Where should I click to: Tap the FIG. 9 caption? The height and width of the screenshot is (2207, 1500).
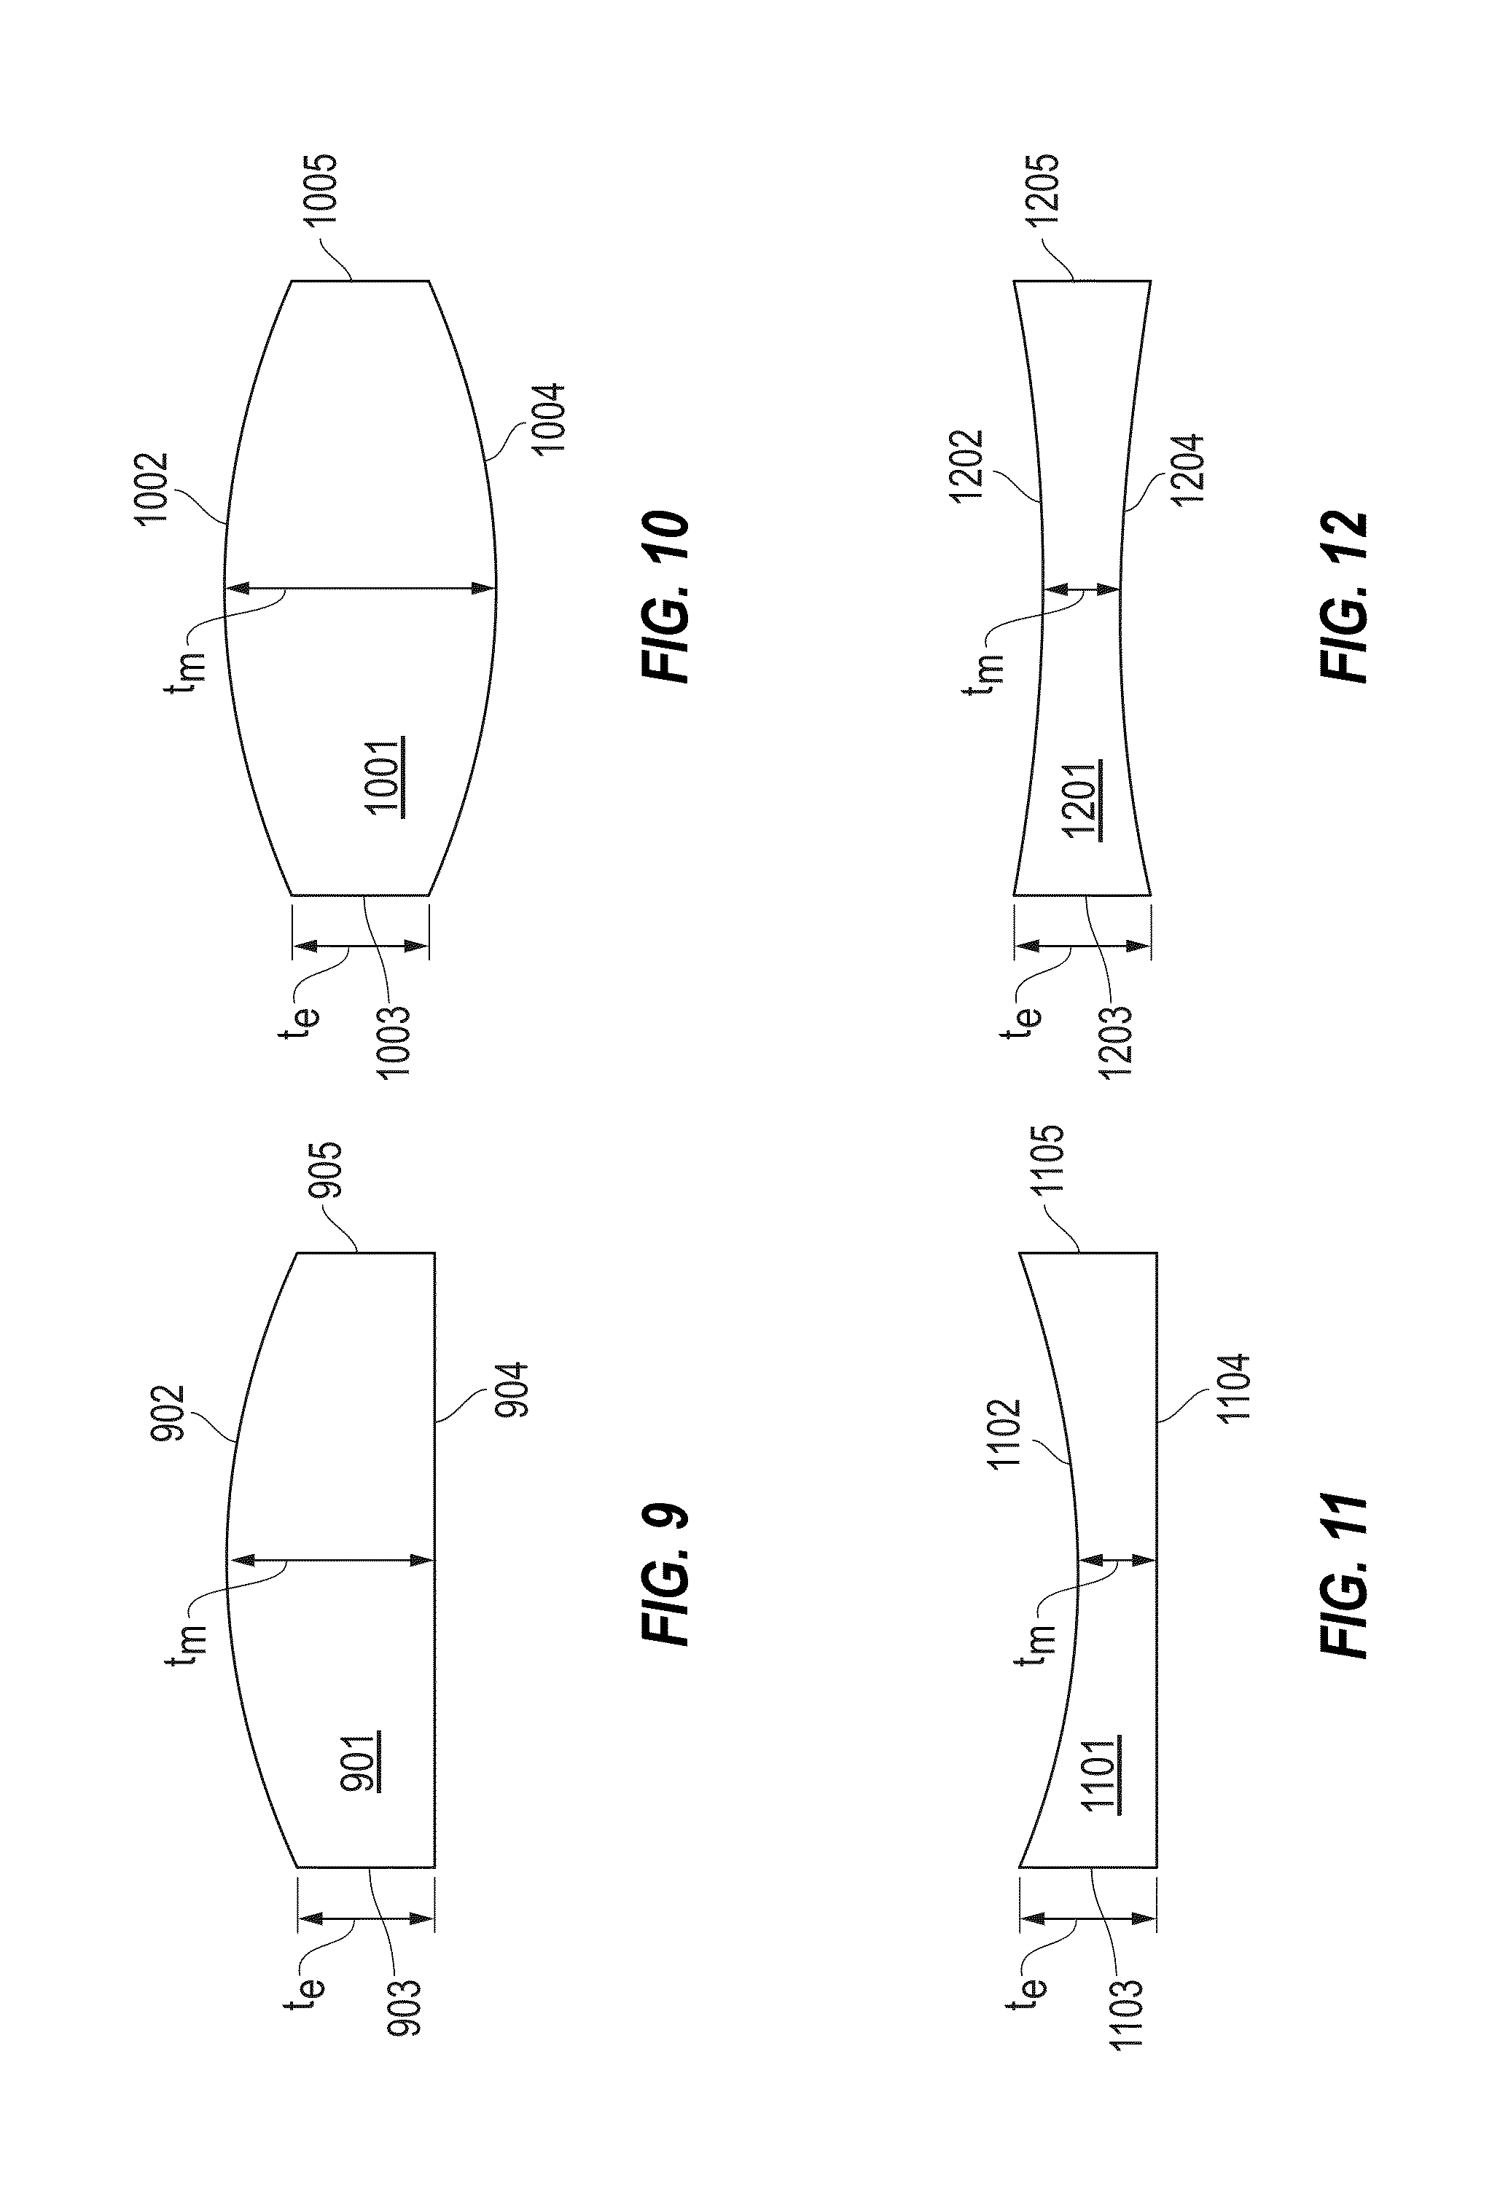(665, 1572)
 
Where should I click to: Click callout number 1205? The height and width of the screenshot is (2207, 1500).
(1042, 190)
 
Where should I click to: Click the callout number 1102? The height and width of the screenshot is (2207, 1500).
(1004, 1434)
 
